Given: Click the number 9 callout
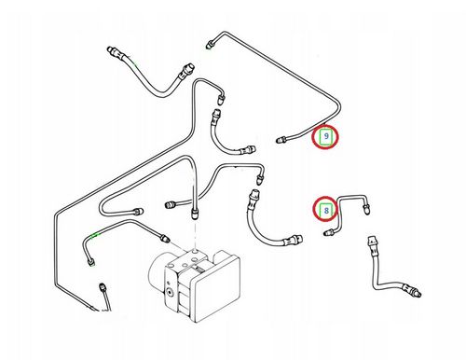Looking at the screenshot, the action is pyautogui.click(x=325, y=136).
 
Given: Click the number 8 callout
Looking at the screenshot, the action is pyautogui.click(x=326, y=211).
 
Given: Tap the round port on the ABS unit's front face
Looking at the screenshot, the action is pyautogui.click(x=170, y=292).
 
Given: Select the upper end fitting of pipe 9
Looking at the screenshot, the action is pyautogui.click(x=210, y=44).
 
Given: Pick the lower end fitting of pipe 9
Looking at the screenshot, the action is pyautogui.click(x=281, y=140).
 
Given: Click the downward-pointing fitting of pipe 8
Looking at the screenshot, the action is pyautogui.click(x=367, y=209).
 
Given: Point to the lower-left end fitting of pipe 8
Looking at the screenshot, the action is pyautogui.click(x=329, y=232).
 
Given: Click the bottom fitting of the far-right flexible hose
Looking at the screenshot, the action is pyautogui.click(x=412, y=289).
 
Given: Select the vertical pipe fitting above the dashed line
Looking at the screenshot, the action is pyautogui.click(x=194, y=214).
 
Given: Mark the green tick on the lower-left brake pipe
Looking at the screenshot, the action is pyautogui.click(x=94, y=235).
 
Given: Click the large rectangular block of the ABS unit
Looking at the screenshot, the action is pyautogui.click(x=215, y=286).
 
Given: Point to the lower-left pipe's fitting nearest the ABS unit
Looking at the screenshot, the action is pyautogui.click(x=164, y=238).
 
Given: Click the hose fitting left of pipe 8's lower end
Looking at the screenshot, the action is pyautogui.click(x=294, y=240).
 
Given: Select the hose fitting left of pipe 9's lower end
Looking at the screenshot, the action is pyautogui.click(x=248, y=150).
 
